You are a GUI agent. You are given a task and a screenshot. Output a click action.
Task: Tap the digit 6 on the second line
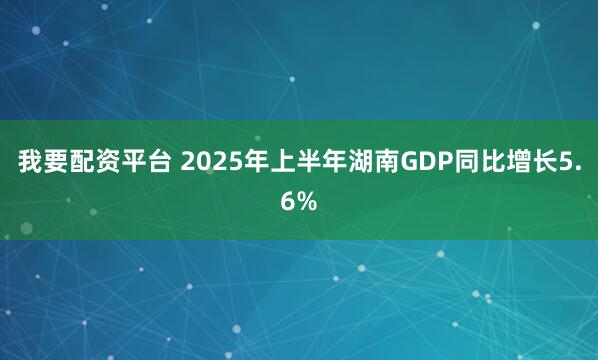288,201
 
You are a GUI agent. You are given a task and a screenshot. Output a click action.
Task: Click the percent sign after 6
307,201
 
